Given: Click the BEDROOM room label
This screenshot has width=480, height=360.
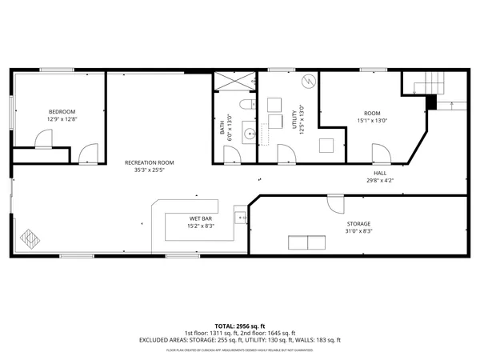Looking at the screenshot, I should pyautogui.click(x=62, y=111).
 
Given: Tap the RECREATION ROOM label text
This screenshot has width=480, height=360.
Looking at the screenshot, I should pyautogui.click(x=149, y=162).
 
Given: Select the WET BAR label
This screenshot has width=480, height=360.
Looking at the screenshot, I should pyautogui.click(x=200, y=218).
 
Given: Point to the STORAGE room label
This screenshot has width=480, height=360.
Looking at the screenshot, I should pyautogui.click(x=358, y=223).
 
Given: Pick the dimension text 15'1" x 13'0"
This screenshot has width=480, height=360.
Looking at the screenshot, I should pyautogui.click(x=372, y=121).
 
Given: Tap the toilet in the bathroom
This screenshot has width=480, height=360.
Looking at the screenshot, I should pyautogui.click(x=247, y=104).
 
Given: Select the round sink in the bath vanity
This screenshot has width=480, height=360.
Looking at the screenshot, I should pyautogui.click(x=249, y=134).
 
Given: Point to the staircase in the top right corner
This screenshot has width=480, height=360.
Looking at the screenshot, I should pyautogui.click(x=426, y=82).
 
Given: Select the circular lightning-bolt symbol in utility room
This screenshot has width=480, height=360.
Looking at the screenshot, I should pyautogui.click(x=307, y=83).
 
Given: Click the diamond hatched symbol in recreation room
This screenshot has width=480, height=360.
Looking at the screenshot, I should pyautogui.click(x=30, y=238).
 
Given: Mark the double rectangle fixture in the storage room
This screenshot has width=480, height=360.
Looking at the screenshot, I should pyautogui.click(x=306, y=242).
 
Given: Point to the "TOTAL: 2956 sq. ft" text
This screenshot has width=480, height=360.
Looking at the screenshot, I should pyautogui.click(x=240, y=326).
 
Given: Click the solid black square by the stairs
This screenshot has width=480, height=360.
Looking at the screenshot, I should pyautogui.click(x=431, y=102).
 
